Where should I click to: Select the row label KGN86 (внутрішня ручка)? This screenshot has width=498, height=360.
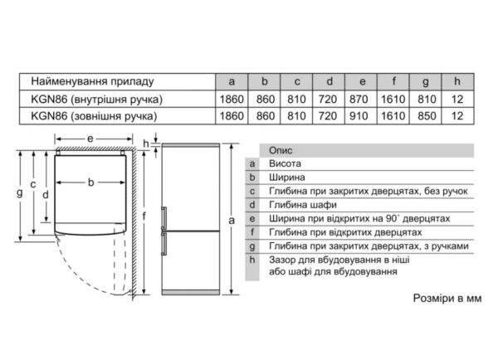pos(96,100)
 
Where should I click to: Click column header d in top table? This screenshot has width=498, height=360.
pos(330,82)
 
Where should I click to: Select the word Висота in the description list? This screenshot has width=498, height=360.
pos(285,164)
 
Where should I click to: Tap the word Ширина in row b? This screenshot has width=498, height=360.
pos(286,178)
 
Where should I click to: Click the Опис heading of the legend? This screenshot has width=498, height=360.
pos(281,150)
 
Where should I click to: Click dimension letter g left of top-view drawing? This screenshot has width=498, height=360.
pos(19,192)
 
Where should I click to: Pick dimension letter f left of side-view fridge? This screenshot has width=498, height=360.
pos(145,218)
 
